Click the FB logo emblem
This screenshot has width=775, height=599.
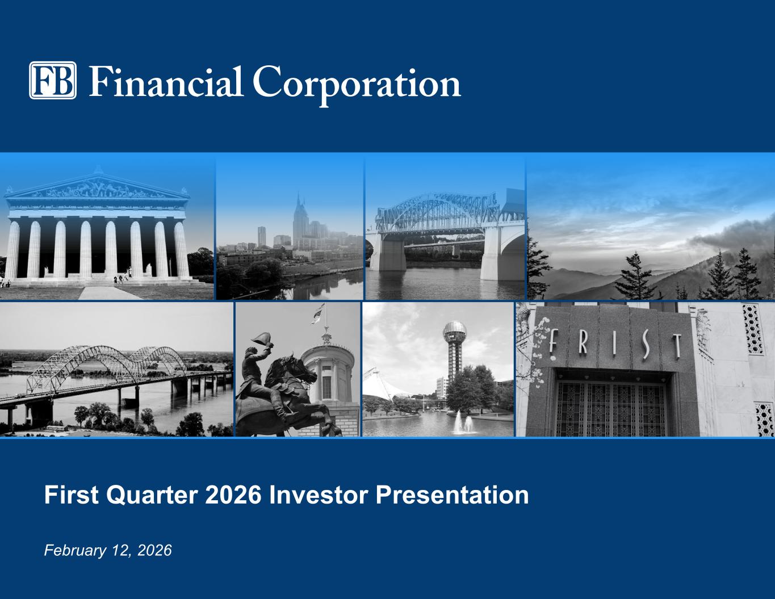[52, 80]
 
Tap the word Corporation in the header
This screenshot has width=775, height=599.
[357, 86]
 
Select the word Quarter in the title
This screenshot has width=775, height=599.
[152, 495]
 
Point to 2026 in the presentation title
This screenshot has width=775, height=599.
[233, 495]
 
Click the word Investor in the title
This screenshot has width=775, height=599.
[318, 495]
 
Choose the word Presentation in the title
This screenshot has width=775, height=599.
[453, 495]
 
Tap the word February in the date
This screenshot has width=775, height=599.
[75, 551]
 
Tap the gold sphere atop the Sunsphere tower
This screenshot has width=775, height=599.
[455, 332]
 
